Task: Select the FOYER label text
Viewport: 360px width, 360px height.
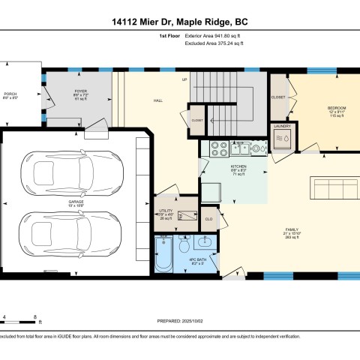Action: coord(81,90)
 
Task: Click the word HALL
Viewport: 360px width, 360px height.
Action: coord(158,100)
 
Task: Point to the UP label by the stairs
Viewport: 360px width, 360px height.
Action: coord(184,79)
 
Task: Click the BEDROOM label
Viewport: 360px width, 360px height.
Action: coord(336,108)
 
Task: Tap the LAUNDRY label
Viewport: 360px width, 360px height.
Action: coord(282,127)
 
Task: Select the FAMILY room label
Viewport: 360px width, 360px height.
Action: coord(291,229)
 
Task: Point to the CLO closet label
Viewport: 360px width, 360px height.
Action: coord(208,219)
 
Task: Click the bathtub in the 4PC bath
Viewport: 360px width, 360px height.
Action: coord(163,254)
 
